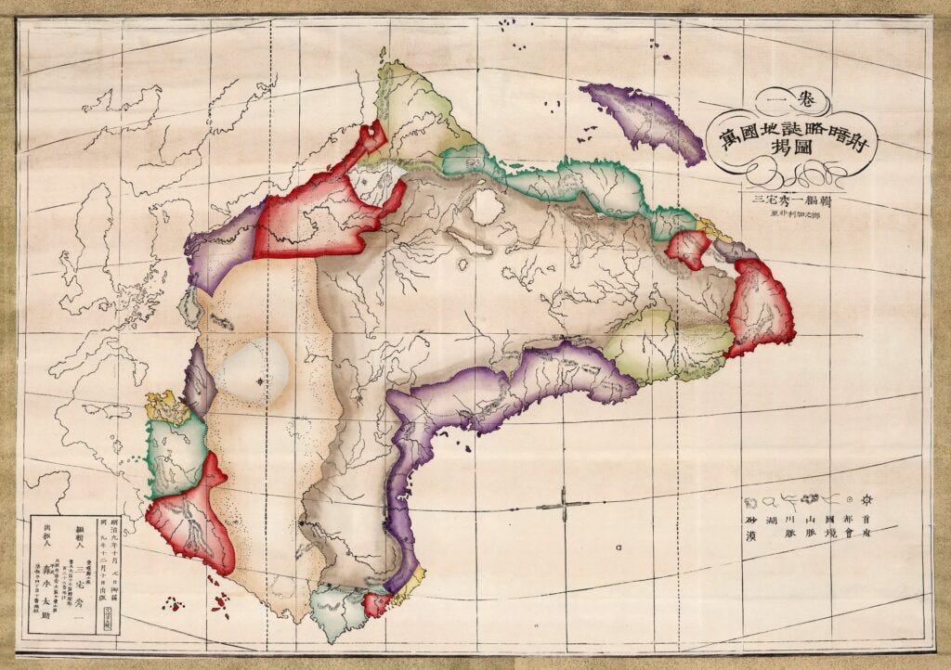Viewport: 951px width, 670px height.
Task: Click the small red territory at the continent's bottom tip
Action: [x=376, y=604]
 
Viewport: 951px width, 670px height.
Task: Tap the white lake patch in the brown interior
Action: [x=487, y=205]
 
